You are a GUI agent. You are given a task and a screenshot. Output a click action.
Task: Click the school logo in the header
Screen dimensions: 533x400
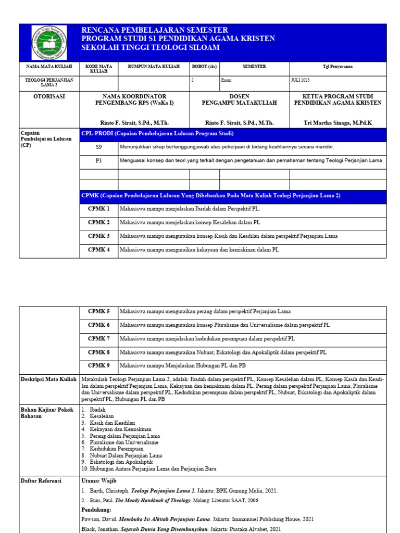tap(49, 42)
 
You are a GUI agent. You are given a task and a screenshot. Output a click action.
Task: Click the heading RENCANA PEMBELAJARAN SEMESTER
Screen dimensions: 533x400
tap(155, 31)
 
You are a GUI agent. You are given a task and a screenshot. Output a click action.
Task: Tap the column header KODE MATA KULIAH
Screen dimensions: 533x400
tap(98, 69)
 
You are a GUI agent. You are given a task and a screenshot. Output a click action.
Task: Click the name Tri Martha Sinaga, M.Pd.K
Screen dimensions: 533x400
tap(338, 123)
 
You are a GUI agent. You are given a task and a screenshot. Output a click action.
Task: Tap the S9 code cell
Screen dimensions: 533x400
tap(98, 147)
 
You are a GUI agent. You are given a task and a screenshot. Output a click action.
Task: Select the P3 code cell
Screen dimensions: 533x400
tap(98, 161)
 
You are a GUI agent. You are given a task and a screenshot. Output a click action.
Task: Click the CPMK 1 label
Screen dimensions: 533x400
tap(98, 209)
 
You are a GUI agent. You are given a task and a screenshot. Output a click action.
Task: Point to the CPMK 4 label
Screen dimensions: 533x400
tap(98, 250)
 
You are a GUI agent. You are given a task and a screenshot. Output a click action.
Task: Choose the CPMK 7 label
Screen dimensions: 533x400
tap(98, 338)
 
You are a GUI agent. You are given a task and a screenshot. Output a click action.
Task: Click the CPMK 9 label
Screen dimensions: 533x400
tap(98, 365)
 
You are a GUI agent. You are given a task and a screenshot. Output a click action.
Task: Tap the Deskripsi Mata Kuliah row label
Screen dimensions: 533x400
tap(48, 379)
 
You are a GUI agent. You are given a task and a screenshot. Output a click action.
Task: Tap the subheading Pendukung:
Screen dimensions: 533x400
tap(95, 510)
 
